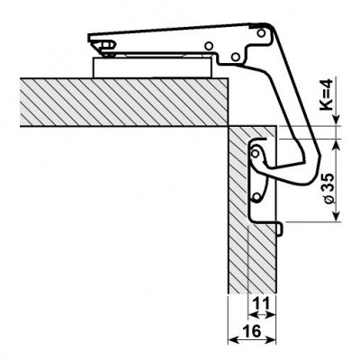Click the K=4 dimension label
tap(326, 94)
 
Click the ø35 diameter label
tap(329, 187)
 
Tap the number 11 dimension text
tap(260, 304)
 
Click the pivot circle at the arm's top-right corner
tap(261, 33)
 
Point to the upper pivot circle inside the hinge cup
tap(256, 154)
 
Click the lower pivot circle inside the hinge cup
tap(256, 197)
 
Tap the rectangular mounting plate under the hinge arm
tap(152, 67)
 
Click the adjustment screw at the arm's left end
tap(107, 45)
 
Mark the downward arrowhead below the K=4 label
tap(337, 118)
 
